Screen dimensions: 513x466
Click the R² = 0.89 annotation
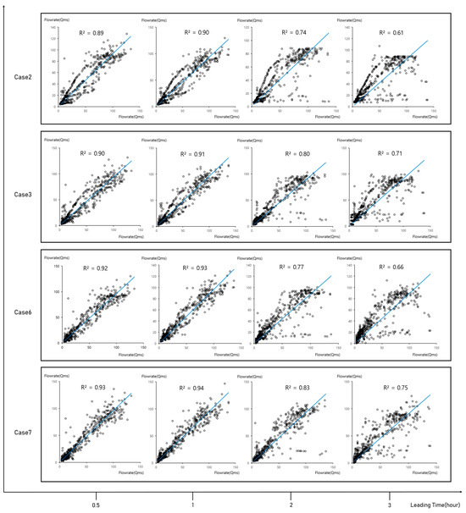[x=91, y=32]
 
